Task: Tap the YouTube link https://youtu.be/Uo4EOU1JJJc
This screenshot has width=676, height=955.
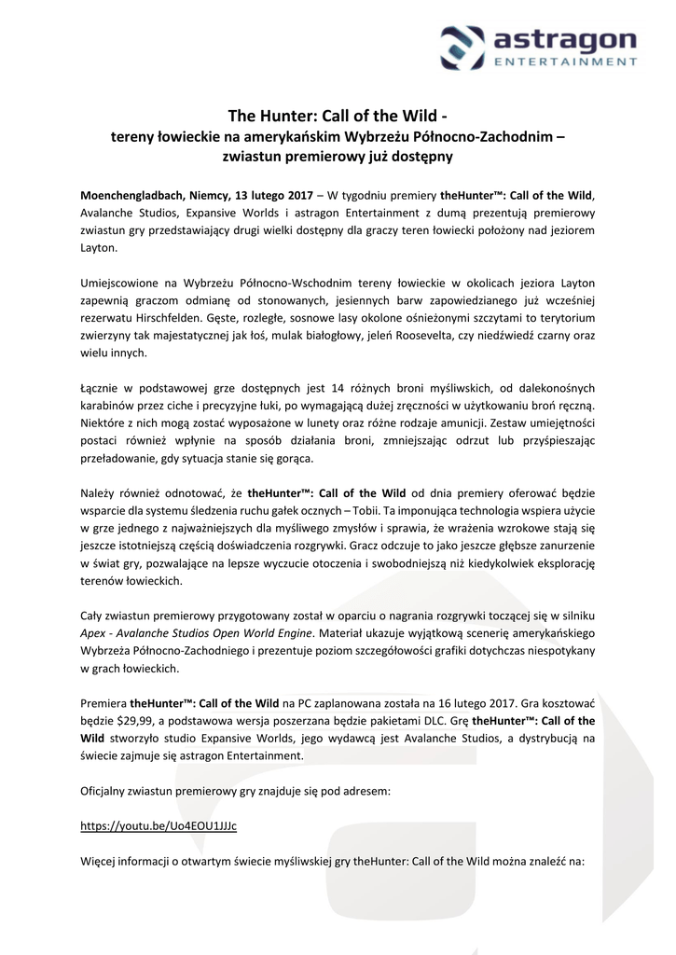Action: point(159,826)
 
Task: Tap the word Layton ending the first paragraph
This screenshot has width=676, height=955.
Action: point(100,249)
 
